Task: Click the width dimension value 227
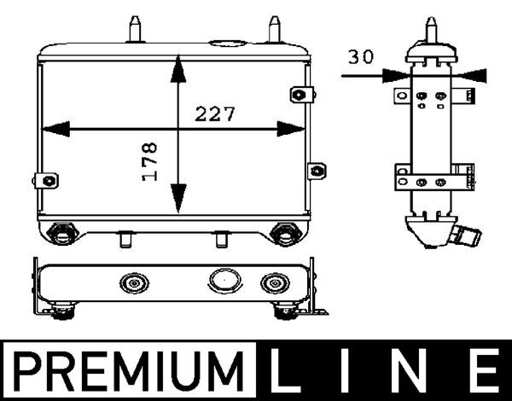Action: point(215,113)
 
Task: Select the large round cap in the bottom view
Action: point(223,281)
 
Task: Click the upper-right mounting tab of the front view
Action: point(299,95)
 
